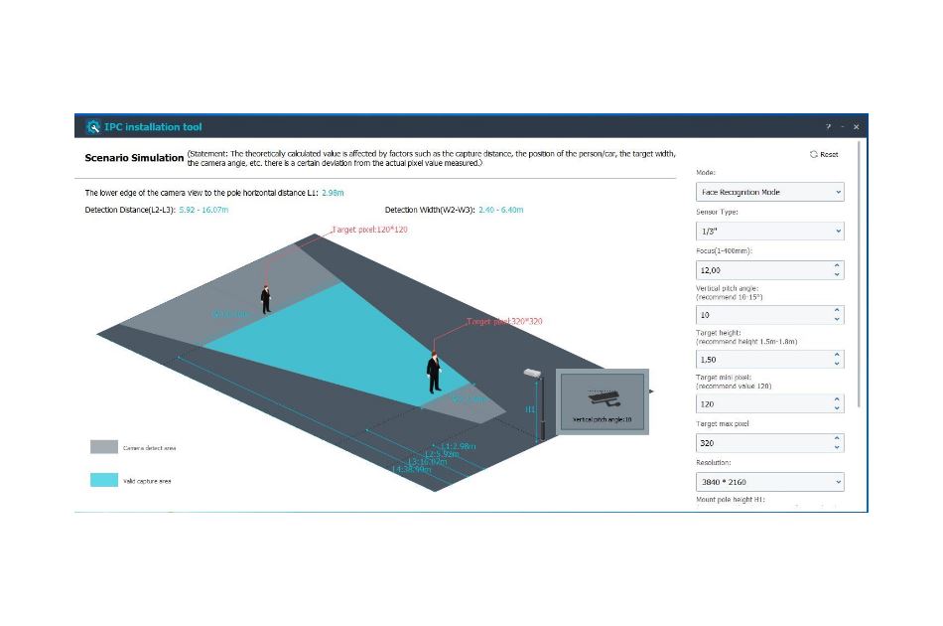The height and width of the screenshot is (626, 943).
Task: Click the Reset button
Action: (x=824, y=154)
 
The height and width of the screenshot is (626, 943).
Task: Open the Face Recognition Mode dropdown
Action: (x=769, y=192)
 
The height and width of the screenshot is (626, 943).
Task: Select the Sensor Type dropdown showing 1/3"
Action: (x=769, y=231)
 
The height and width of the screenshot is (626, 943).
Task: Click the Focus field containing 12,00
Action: (x=762, y=269)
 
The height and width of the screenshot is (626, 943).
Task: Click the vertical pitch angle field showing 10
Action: (x=762, y=314)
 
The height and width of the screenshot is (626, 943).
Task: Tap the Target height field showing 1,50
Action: (x=762, y=359)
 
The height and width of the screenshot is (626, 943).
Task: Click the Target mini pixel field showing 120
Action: (x=762, y=403)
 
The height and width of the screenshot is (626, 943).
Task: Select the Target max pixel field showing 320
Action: (x=762, y=442)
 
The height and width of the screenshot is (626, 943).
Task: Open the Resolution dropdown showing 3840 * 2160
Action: (x=769, y=482)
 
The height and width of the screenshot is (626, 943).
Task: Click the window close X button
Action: (x=856, y=127)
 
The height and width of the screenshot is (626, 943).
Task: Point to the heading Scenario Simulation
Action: (x=134, y=157)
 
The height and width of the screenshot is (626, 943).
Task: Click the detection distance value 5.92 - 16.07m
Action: (x=203, y=210)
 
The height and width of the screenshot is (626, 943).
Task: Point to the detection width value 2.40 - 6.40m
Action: (x=500, y=210)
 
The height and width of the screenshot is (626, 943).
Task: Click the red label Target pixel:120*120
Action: (x=369, y=230)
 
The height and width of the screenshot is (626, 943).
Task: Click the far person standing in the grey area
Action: (x=266, y=298)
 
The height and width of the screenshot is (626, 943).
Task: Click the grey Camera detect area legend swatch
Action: (x=103, y=447)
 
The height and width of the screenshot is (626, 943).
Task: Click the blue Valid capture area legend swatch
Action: (x=103, y=479)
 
